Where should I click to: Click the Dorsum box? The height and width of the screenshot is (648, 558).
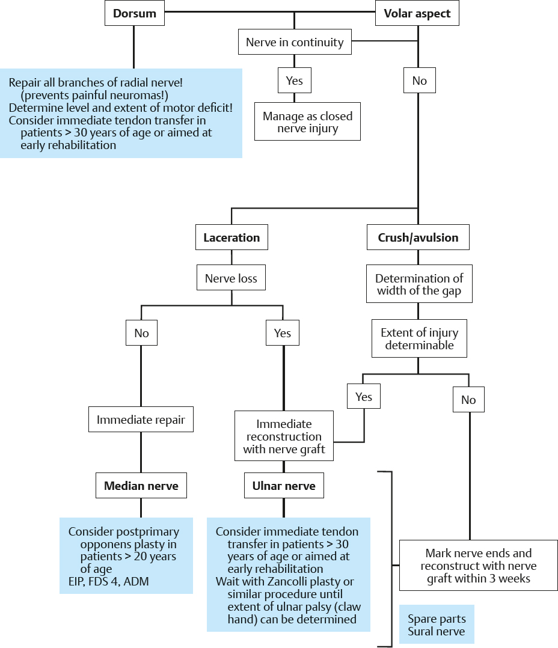[134, 14]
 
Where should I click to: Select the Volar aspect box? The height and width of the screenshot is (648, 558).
[417, 14]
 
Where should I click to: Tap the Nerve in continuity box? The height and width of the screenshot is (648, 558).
[295, 43]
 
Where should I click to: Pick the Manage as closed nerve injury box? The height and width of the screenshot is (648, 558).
[307, 122]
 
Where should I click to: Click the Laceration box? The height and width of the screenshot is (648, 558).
[231, 237]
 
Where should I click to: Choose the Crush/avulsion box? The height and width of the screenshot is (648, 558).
[418, 237]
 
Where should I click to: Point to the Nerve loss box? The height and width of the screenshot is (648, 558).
[231, 278]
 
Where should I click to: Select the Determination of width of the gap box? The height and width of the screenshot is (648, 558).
[420, 284]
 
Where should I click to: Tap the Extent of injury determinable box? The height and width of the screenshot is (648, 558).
[420, 338]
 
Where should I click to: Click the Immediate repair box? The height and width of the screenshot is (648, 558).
[141, 420]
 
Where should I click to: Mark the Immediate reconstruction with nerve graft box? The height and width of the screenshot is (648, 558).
[284, 436]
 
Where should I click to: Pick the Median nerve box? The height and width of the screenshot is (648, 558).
[141, 486]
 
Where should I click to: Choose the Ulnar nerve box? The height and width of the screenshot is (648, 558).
[284, 486]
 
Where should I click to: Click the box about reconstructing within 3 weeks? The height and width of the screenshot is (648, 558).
[479, 566]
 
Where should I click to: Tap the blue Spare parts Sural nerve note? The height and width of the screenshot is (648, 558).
[437, 625]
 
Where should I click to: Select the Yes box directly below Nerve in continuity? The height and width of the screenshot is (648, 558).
[295, 81]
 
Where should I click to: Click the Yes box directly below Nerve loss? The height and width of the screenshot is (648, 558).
[283, 332]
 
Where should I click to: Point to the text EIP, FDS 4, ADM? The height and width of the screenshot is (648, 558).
[109, 581]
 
